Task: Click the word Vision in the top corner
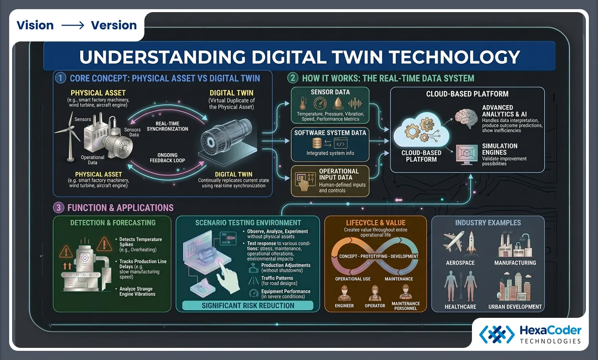coord(35,25)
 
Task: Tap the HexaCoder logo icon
coord(497,334)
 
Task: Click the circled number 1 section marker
coord(60,78)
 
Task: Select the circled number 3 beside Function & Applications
coord(58,208)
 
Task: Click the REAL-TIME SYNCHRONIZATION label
coord(167,126)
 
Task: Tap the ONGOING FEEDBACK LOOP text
coord(167,158)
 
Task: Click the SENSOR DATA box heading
coord(330,92)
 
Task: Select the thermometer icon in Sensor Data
coord(303,103)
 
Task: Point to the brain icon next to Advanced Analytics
coord(466,118)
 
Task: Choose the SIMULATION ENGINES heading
coord(499,149)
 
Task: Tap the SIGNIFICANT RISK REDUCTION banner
coord(248,306)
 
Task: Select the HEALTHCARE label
coord(460,307)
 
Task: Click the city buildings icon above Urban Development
coord(514,287)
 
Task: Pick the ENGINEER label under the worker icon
coord(344,306)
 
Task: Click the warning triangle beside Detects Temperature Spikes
coord(104,244)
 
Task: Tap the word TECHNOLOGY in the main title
coord(454,57)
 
